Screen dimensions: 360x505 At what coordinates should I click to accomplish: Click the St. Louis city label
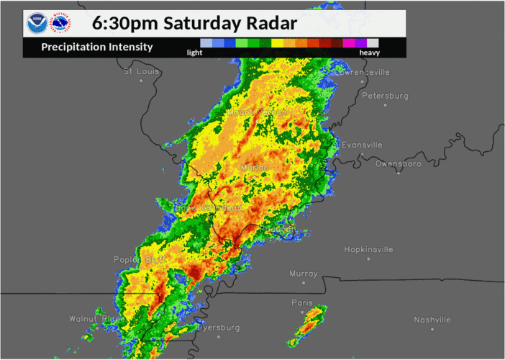click(141, 72)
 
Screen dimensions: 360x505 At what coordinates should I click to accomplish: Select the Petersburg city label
click(385, 96)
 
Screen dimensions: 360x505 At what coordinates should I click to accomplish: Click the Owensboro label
click(398, 164)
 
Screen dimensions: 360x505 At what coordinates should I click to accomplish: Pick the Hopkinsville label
click(368, 250)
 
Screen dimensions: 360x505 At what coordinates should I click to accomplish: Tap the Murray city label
click(303, 274)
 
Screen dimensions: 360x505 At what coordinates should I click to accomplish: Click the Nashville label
click(432, 320)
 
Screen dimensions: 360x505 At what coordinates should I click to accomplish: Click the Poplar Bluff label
click(140, 260)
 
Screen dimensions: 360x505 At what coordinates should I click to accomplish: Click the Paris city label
click(302, 303)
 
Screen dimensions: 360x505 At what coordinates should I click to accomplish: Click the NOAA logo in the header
click(35, 24)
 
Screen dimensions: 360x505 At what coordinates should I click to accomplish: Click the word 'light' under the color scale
click(194, 53)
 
